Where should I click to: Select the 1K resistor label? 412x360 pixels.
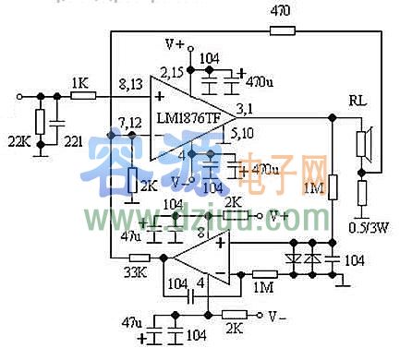point(79,81)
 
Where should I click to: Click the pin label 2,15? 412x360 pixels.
point(171,70)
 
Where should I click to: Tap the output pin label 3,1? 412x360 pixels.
point(247,109)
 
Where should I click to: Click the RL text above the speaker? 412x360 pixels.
point(357,99)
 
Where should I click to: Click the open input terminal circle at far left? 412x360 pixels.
point(18,95)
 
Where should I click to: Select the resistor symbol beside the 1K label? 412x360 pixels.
point(82,95)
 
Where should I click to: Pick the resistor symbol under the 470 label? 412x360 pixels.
point(282,30)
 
